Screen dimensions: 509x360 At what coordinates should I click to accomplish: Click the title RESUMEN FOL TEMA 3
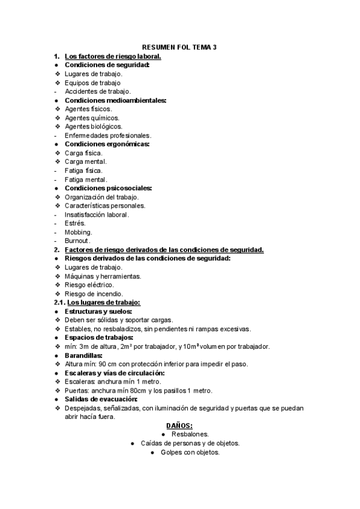point(179,47)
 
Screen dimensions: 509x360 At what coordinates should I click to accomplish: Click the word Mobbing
point(78,232)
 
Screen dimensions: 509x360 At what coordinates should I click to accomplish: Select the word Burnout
point(77,241)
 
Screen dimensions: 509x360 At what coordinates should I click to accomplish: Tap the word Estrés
point(75,223)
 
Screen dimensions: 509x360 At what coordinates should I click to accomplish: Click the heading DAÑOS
point(179,426)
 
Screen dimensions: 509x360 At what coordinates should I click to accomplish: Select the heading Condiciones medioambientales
point(115,100)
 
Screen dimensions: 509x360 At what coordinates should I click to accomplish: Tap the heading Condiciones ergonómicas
point(107,144)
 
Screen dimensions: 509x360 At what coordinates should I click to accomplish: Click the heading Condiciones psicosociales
point(108,188)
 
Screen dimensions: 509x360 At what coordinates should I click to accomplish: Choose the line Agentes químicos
point(92,118)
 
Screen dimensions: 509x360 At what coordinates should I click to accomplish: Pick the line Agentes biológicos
point(94,127)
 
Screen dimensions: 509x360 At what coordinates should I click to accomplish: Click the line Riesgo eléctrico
point(89,285)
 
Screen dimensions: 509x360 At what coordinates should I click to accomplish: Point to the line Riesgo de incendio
point(94,294)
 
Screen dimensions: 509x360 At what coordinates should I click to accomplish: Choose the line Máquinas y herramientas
point(103,276)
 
